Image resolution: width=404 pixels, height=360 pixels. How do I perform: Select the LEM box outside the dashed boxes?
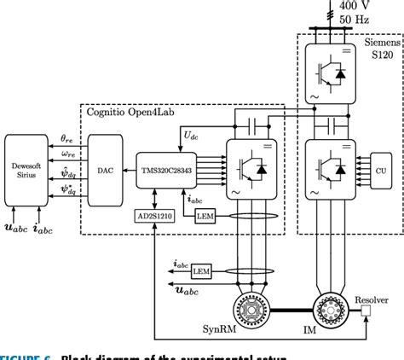point(201,270)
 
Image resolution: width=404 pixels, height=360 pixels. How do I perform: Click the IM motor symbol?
point(329,305)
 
